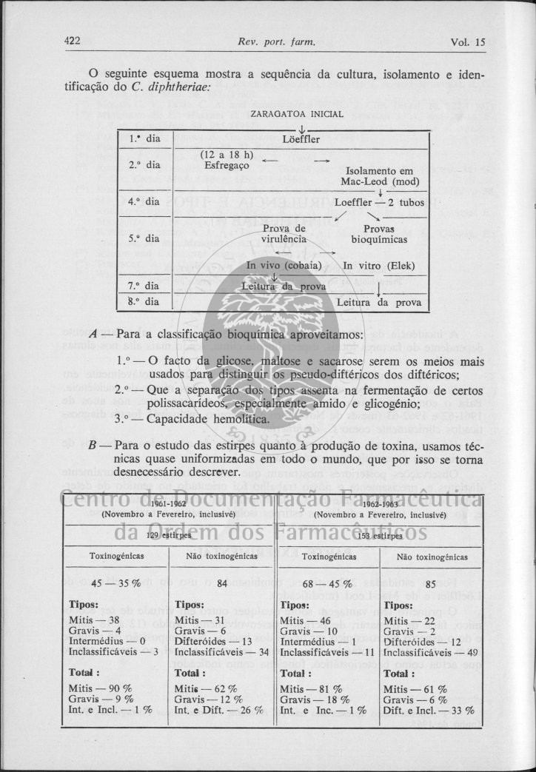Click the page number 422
(72, 41)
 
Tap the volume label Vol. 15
(467, 42)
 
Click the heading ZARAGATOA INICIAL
(298, 114)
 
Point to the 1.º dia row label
(144, 138)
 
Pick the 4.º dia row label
(144, 201)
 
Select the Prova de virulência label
(284, 234)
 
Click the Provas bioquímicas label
(379, 234)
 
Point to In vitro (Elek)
(379, 266)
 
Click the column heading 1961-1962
(168, 504)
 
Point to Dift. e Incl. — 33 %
(429, 710)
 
